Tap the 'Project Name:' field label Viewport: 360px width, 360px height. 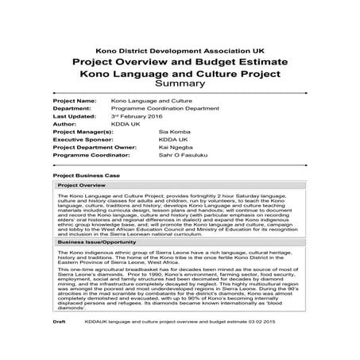point(74,102)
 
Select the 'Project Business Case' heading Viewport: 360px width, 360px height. point(87,174)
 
